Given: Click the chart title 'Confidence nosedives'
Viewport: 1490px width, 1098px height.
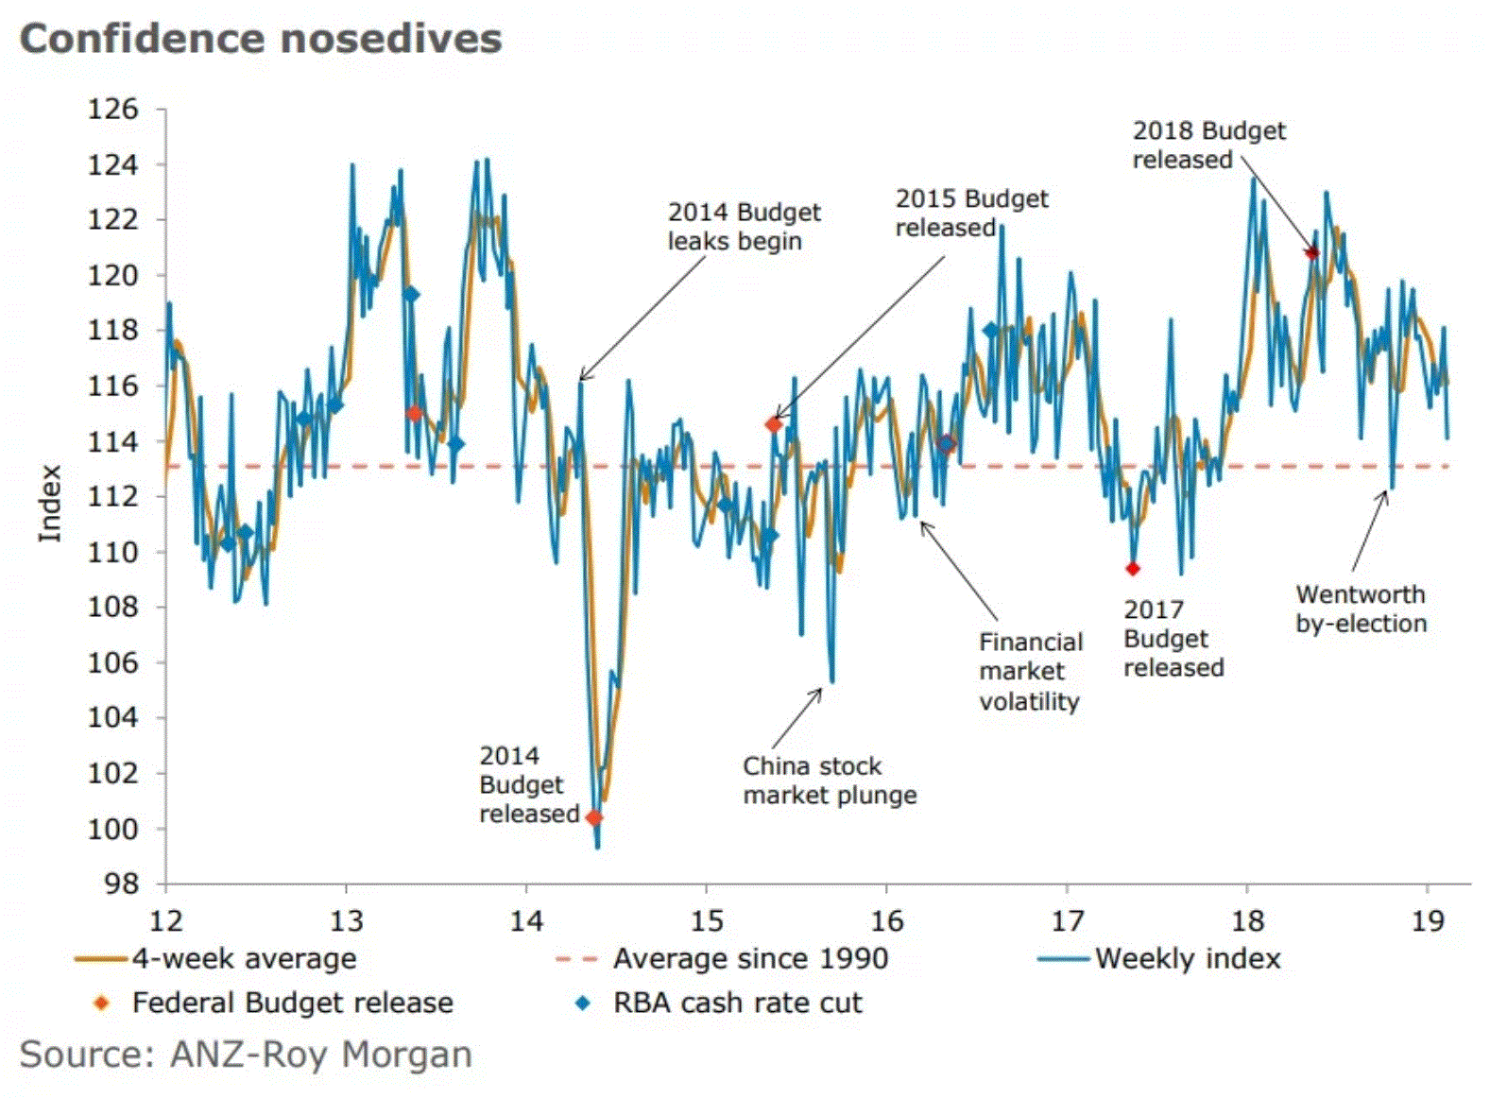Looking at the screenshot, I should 261,40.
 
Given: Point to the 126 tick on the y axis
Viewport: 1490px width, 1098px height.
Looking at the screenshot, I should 112,110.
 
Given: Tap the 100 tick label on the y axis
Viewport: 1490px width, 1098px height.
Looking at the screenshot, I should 112,829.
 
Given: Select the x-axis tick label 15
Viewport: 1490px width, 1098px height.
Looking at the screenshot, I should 706,920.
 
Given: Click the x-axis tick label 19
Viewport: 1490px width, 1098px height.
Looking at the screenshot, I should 1428,920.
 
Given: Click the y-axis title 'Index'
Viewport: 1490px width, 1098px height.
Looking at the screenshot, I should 50,503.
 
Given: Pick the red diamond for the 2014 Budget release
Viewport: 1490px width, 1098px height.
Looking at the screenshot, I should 593,818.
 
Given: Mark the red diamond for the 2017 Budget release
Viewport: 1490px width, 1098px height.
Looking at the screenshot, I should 1133,569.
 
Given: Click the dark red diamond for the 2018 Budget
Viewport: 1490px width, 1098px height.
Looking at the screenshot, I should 1311,252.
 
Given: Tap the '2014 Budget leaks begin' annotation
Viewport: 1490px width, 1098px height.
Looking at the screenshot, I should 744,227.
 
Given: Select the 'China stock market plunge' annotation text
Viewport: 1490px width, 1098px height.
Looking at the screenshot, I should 829,781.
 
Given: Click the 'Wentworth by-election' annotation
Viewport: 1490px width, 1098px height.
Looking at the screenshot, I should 1361,609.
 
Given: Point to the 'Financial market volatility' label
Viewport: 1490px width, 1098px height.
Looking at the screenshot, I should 1030,672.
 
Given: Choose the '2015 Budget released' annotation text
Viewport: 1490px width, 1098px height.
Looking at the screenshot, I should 971,214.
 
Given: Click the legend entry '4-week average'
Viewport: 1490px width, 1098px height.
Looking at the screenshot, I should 244,959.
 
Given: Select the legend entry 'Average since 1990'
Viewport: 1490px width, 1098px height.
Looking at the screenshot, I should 750,959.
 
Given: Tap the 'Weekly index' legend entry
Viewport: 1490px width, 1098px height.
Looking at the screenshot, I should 1187,959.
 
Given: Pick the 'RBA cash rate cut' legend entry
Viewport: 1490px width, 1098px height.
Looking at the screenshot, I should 737,1003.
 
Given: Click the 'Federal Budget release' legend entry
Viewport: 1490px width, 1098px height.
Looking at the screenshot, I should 292,1003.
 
